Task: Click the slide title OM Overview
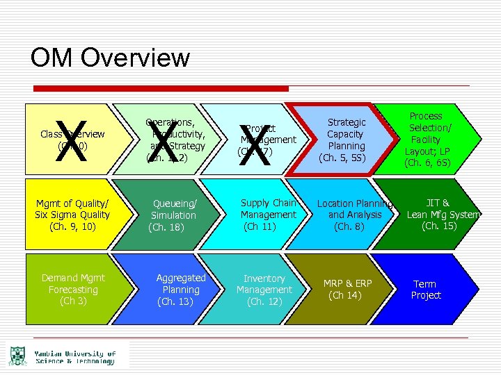110,57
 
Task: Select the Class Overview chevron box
70,139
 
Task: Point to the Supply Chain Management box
268,215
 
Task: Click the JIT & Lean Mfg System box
441,215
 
